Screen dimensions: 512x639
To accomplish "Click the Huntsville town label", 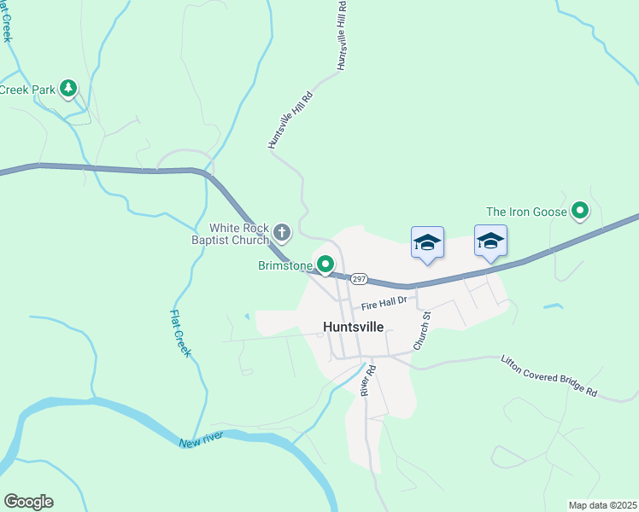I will (x=354, y=326).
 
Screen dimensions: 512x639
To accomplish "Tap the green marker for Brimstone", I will (x=325, y=265).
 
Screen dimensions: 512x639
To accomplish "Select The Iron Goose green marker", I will (x=580, y=210).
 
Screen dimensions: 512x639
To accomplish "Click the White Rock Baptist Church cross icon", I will (x=282, y=230).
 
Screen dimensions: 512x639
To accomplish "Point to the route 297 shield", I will (x=359, y=279).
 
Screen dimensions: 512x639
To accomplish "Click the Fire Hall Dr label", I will (x=386, y=301).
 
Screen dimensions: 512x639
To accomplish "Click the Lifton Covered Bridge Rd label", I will (x=548, y=375).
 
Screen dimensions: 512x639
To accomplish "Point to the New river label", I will (x=202, y=440).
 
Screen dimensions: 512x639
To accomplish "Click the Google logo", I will (x=28, y=502).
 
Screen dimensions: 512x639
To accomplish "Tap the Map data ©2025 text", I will (x=601, y=505).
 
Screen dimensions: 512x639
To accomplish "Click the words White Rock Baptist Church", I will (x=239, y=234).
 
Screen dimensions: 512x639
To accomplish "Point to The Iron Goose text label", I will (x=525, y=212).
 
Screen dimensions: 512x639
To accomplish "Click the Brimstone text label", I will (x=285, y=266).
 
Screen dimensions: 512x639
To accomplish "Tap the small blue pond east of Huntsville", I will (x=553, y=305).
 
